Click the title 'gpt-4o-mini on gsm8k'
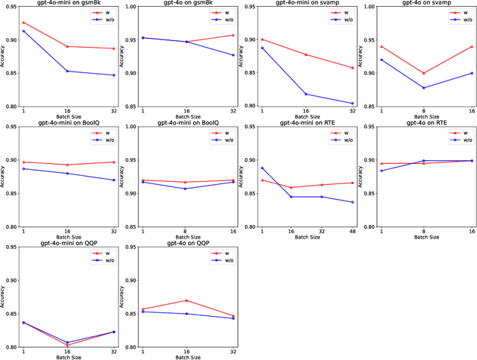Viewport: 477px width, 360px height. coord(69,3)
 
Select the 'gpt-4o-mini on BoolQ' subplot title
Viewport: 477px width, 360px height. coord(69,122)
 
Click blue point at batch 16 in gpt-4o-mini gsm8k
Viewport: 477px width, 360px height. coord(69,71)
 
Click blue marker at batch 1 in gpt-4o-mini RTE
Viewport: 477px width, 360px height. coord(262,168)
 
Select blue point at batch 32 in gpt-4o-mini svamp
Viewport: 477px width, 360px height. coord(353,104)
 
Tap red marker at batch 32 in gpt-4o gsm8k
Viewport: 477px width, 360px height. coord(233,35)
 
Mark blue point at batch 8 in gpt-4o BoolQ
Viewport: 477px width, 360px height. coord(187,189)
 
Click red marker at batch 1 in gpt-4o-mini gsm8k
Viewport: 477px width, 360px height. coord(23,22)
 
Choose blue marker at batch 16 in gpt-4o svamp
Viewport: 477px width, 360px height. coord(471,73)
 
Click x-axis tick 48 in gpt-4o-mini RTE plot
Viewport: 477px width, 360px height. coord(353,232)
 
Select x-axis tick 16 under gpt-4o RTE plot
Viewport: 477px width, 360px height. coord(471,232)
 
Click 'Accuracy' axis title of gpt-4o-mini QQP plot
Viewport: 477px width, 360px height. coord(3,296)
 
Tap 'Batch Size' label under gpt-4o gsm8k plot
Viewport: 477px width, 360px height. coord(187,118)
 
